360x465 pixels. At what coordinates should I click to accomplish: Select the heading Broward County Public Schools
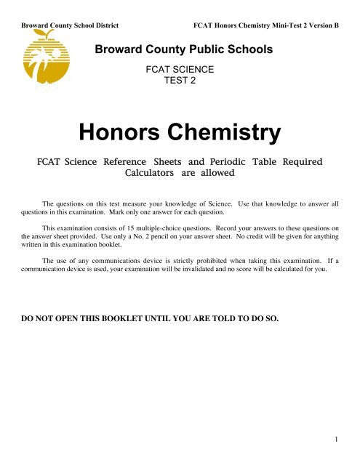185,51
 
